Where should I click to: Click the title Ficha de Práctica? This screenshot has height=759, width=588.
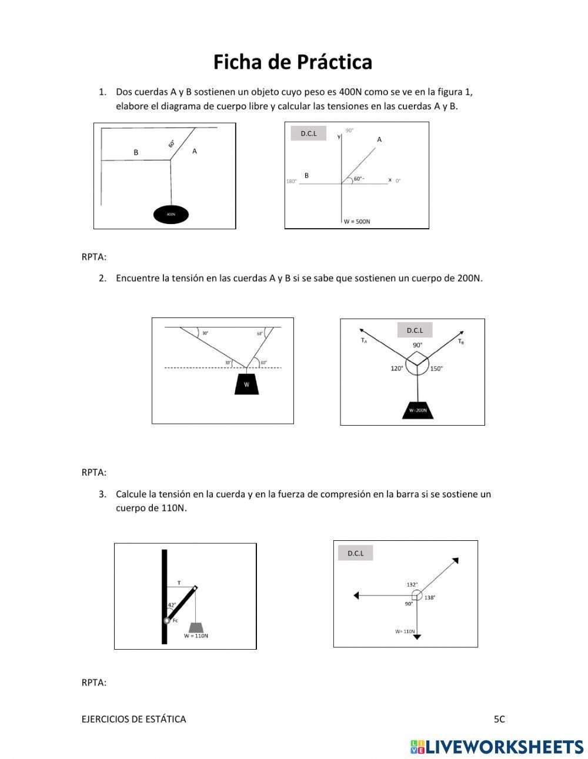point(292,62)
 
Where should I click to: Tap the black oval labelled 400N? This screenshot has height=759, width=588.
point(171,215)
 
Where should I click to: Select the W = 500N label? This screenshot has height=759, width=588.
point(357,222)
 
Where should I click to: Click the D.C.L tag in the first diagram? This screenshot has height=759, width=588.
point(308,133)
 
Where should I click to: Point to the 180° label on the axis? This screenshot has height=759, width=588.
point(291,181)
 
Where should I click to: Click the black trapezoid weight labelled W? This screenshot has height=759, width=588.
point(246,384)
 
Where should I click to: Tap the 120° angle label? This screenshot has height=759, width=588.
point(397,369)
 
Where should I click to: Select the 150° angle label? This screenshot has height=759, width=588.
point(436,369)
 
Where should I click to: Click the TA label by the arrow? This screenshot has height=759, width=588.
point(364,340)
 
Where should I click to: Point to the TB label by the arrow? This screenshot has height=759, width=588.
point(461,342)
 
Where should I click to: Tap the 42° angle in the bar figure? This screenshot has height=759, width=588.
point(172,604)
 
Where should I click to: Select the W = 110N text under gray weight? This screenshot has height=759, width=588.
point(196,636)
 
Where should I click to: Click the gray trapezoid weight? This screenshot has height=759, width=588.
point(196,627)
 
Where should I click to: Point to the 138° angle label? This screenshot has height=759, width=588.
point(430,597)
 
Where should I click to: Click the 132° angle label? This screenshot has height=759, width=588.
point(412,584)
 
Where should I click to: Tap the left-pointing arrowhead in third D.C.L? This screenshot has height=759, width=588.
point(356,596)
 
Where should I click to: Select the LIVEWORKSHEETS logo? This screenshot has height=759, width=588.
point(497,747)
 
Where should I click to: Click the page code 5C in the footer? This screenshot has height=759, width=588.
point(499,718)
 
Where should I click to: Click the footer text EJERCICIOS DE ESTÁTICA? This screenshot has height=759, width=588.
point(133,718)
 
